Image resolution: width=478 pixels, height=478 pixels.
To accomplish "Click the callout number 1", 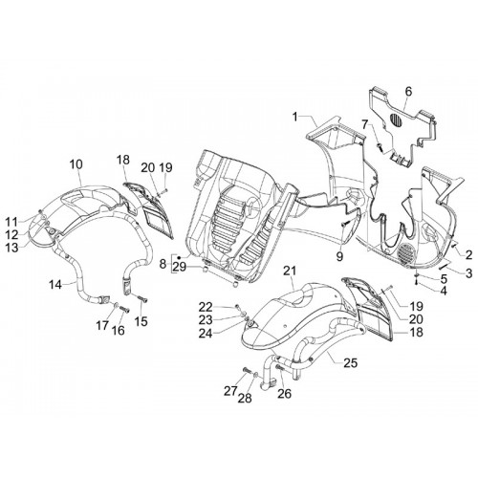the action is coord(295,117).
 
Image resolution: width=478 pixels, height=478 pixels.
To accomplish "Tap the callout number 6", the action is coord(408,91).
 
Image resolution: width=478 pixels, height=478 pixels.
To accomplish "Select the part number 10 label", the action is coord(76,164).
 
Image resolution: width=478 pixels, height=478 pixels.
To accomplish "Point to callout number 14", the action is coord(55,284).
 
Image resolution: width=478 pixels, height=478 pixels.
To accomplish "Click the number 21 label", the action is coord(290,272).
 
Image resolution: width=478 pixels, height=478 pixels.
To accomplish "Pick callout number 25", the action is coord(350,362).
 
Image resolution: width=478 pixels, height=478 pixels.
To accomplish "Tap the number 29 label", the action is coord(180,267).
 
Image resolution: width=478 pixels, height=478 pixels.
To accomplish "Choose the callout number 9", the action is coord(339,256).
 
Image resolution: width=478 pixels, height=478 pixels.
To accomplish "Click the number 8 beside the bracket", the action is coord(163,264).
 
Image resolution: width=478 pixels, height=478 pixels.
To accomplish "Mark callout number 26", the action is coord(284,394).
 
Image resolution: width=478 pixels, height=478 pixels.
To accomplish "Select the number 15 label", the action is coord(141,321).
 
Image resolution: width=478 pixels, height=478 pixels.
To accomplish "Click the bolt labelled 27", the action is coord(246,370).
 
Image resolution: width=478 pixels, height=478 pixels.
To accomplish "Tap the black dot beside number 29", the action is coord(180,257).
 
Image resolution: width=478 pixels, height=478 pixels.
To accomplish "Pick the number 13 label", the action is coord(12,248).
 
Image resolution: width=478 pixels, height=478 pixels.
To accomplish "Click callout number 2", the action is coord(468,255).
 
